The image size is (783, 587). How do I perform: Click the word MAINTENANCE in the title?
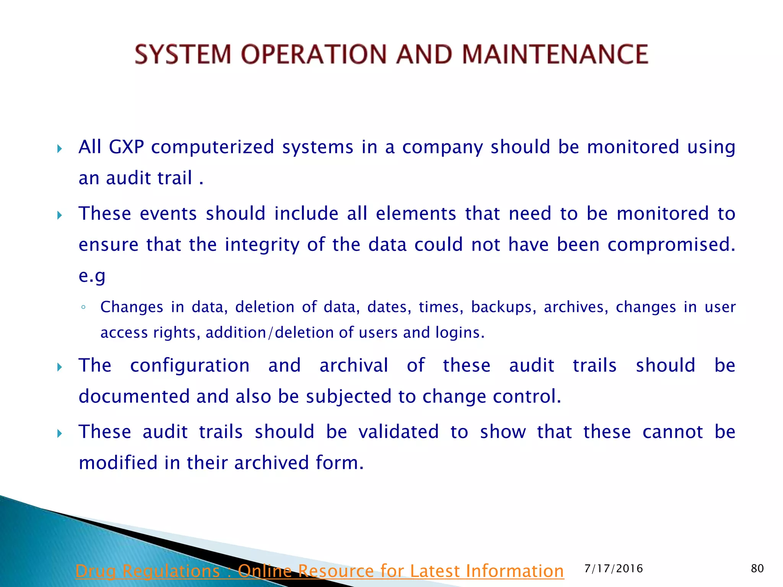click(x=555, y=54)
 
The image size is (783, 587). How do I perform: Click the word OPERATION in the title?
click(x=314, y=54)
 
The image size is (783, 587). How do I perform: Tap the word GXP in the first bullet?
click(x=126, y=148)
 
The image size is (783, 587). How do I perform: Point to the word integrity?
click(x=262, y=245)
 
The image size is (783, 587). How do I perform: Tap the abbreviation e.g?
click(x=92, y=276)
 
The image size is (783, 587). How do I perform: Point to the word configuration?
click(x=190, y=366)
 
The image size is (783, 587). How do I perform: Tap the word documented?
click(x=134, y=396)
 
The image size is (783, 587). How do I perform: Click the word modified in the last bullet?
click(x=118, y=463)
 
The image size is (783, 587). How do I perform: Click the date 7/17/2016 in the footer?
click(x=614, y=569)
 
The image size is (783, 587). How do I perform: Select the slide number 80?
click(x=757, y=569)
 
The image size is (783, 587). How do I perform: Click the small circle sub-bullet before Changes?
click(x=83, y=307)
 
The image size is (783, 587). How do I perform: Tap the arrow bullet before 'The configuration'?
click(x=59, y=367)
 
